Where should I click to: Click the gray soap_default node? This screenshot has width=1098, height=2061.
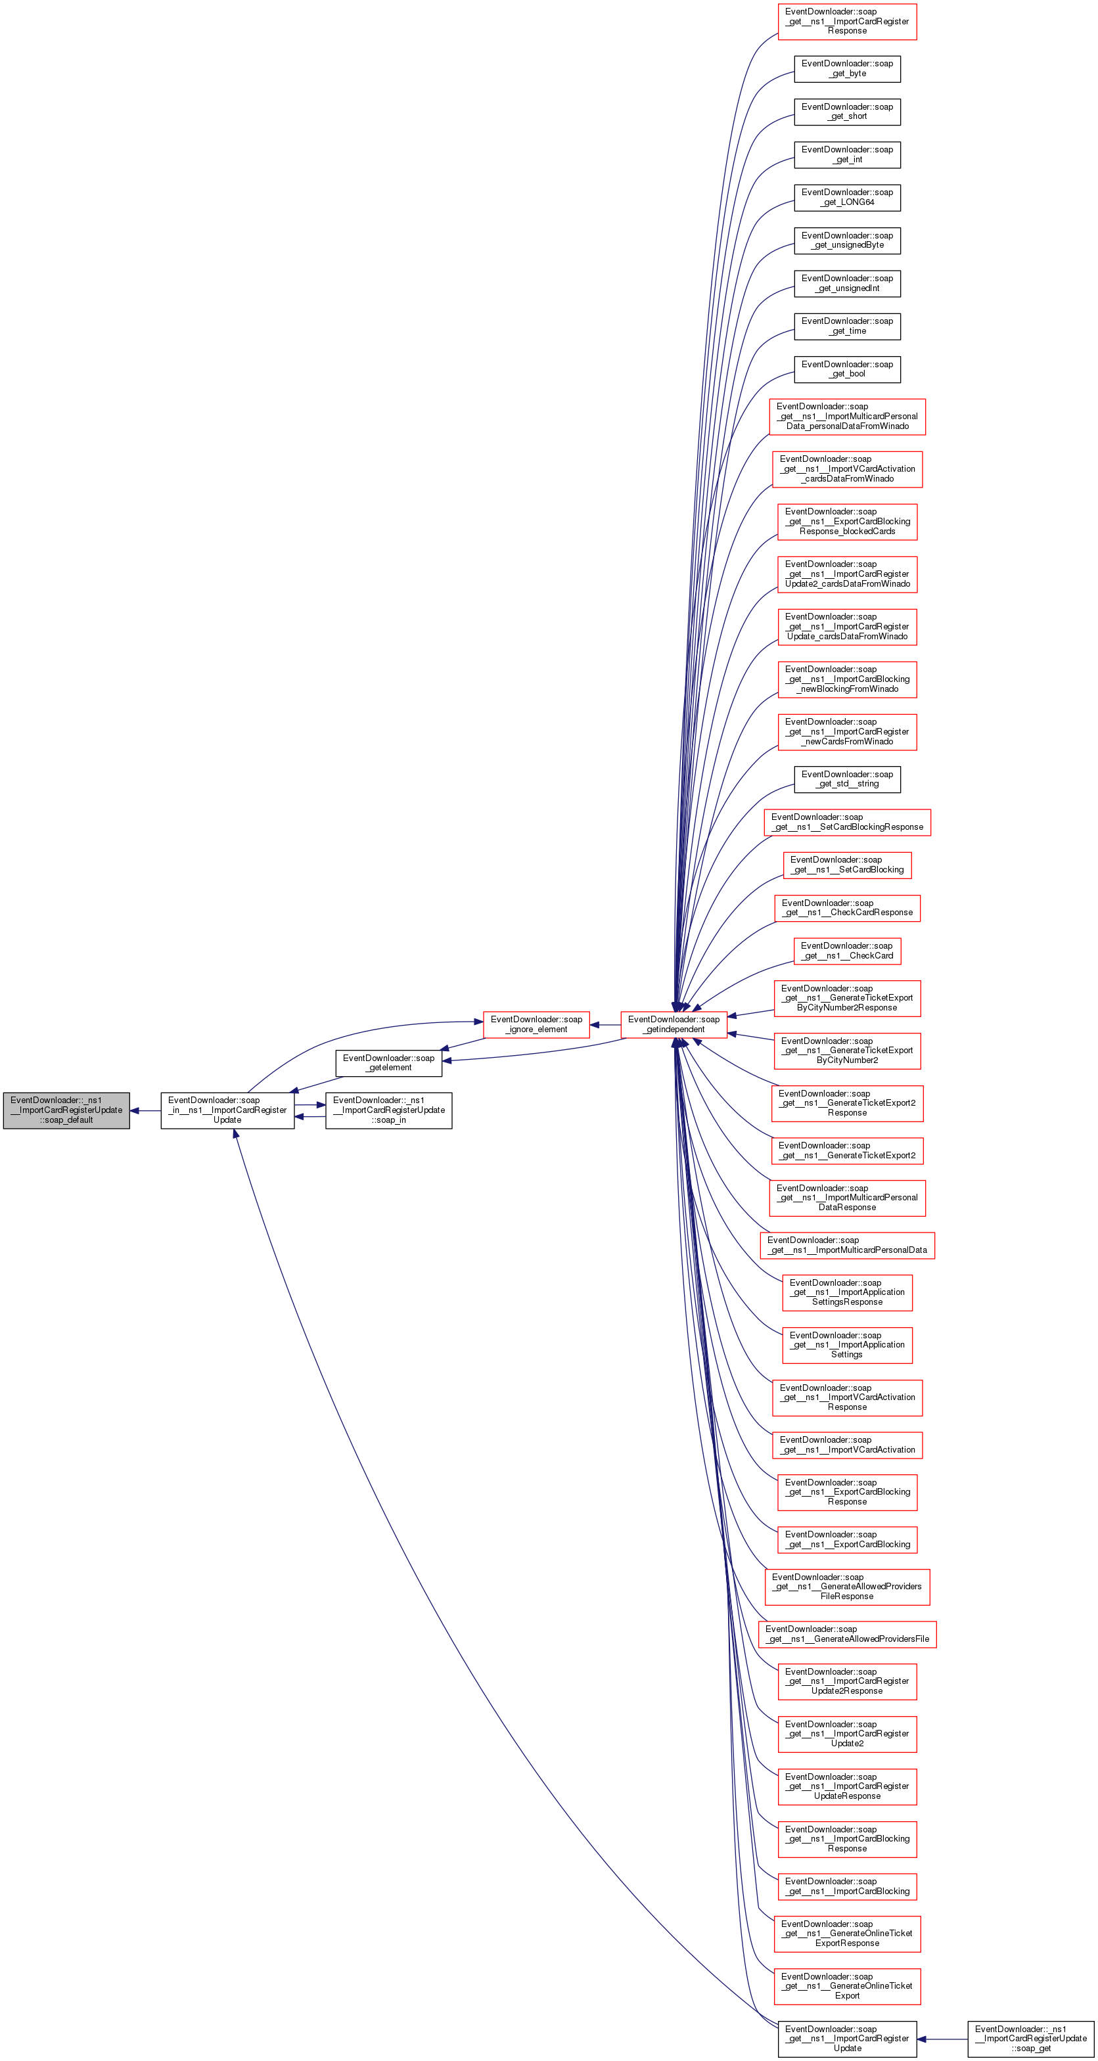(66, 1110)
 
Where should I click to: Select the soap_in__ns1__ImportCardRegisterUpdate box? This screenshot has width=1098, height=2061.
(227, 1110)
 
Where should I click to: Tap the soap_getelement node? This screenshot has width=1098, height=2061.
(388, 1062)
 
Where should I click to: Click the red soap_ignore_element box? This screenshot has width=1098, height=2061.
(536, 1024)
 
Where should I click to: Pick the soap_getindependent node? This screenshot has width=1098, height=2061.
(674, 1024)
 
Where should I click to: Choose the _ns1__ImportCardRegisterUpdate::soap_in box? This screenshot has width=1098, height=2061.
(388, 1110)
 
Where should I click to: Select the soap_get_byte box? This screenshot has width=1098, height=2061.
(847, 69)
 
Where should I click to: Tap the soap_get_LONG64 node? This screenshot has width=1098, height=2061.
(847, 198)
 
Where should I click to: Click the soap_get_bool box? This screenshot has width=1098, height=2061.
(847, 369)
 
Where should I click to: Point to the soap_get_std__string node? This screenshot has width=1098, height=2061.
(847, 779)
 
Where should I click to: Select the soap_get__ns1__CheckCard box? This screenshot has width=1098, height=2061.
(847, 951)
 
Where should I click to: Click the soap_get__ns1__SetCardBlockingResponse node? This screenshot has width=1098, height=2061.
(847, 823)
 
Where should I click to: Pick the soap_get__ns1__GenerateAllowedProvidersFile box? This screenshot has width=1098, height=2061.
(847, 1634)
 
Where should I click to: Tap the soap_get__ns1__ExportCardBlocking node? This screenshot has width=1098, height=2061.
(847, 1539)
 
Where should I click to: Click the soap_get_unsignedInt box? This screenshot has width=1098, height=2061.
(847, 283)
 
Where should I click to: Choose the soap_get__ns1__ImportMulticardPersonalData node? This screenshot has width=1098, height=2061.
(847, 1245)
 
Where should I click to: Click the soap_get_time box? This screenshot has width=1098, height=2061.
(847, 326)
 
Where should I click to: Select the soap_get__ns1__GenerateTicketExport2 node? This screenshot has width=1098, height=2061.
(847, 1150)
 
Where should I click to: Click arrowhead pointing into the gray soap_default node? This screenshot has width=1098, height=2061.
(135, 1110)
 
